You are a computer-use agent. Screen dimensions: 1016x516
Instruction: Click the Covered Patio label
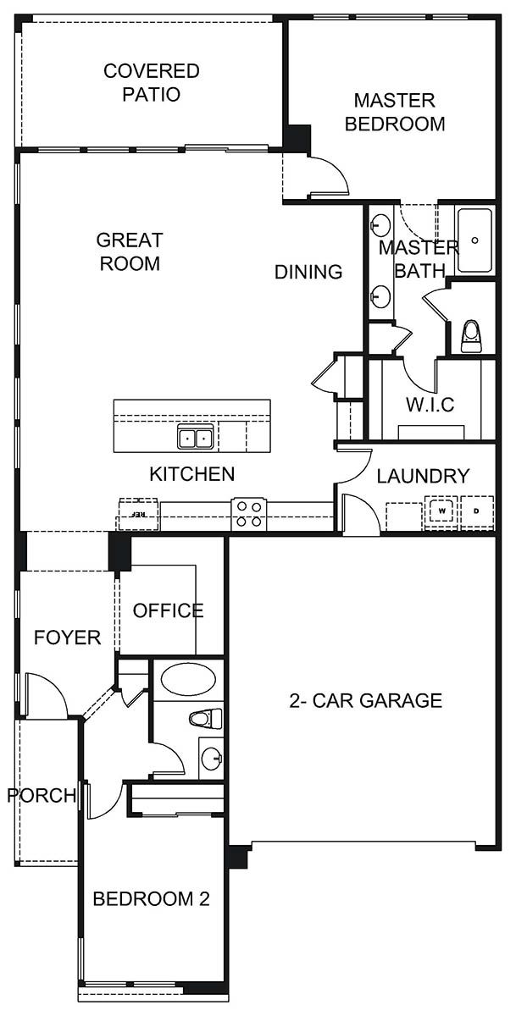[x=152, y=82]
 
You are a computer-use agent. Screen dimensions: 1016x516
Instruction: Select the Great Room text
[x=130, y=251]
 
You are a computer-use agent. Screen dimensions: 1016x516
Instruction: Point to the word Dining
[x=308, y=272]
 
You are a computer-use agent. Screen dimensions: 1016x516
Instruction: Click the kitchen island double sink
[x=196, y=438]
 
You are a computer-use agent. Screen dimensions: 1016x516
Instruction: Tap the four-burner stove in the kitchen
[x=249, y=514]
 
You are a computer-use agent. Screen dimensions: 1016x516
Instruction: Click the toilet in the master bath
[x=471, y=336]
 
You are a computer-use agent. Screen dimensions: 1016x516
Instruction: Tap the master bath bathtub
[x=475, y=240]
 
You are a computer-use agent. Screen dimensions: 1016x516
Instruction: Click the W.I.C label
[x=429, y=405]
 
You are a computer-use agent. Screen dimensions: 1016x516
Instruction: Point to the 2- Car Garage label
[x=366, y=700]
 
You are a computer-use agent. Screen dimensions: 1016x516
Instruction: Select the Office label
[x=169, y=610]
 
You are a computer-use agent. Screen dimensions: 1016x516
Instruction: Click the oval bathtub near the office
[x=187, y=679]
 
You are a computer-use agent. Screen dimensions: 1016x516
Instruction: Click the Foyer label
[x=68, y=638]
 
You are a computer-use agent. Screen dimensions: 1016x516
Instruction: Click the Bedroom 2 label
[x=151, y=899]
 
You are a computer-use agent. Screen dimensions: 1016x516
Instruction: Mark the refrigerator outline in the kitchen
[x=134, y=513]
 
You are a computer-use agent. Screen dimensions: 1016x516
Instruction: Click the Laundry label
[x=423, y=477]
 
